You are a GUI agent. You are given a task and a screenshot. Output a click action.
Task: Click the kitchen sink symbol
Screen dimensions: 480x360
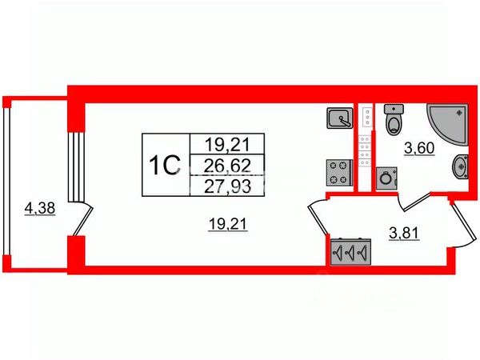[340, 118]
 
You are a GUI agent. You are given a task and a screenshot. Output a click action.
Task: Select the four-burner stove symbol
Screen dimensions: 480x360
[340, 172]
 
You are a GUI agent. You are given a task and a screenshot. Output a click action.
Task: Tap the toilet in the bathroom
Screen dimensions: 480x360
[394, 119]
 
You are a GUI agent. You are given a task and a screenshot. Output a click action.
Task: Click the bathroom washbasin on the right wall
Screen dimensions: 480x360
[461, 167]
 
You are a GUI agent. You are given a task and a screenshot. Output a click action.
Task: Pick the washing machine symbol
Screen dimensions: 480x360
[386, 178]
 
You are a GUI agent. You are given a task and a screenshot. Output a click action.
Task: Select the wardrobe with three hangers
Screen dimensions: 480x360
[351, 252]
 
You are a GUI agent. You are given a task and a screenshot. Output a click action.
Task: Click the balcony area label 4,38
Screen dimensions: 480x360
[40, 209]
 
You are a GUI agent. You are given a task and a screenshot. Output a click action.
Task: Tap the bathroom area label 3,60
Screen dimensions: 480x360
[419, 149]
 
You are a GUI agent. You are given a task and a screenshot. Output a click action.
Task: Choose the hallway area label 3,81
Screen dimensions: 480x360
[404, 234]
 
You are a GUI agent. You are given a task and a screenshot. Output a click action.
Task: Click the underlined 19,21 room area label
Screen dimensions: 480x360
[227, 224]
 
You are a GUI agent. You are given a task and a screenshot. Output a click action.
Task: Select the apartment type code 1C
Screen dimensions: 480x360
[164, 166]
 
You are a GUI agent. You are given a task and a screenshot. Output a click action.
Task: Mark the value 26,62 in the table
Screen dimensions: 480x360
[227, 166]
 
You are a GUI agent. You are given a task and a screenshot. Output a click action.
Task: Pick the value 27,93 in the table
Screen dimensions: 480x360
[227, 186]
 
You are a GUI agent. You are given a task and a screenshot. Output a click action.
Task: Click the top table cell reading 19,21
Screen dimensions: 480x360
[227, 145]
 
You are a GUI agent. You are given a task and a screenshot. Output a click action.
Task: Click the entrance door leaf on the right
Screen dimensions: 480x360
[464, 223]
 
